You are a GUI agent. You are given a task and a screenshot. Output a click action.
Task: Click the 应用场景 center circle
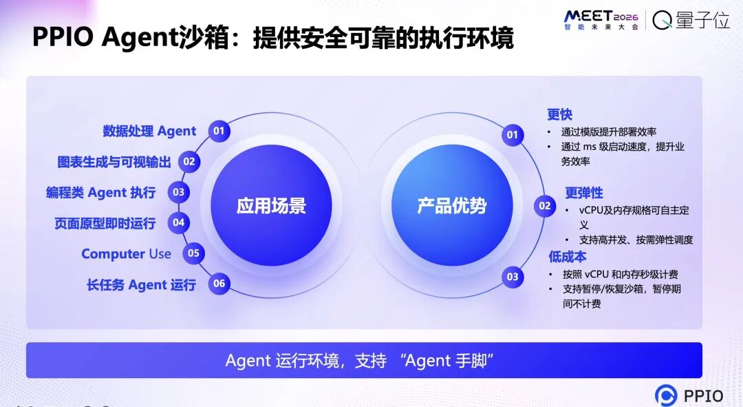tap(271, 205)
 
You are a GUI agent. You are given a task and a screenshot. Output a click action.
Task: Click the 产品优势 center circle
tap(452, 205)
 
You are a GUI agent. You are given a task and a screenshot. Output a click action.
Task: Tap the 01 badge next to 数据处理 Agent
tap(219, 131)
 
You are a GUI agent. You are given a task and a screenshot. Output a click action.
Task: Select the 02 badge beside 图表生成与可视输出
tap(189, 162)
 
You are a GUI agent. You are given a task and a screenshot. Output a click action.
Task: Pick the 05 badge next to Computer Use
tap(193, 253)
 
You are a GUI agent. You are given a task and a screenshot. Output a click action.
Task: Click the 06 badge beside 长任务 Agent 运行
tap(219, 284)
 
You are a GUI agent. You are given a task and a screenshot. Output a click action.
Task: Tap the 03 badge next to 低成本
tap(513, 277)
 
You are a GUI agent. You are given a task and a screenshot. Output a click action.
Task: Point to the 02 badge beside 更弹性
tap(544, 206)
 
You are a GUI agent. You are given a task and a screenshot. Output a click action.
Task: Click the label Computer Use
tap(126, 254)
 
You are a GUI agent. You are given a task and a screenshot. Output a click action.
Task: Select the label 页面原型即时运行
tap(105, 223)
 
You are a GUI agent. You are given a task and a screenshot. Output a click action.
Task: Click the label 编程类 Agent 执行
tap(101, 192)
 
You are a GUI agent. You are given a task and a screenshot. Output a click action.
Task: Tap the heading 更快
tap(559, 114)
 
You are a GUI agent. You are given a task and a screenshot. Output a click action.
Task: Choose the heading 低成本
tap(567, 257)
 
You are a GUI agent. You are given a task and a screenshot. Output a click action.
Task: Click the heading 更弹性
tap(584, 193)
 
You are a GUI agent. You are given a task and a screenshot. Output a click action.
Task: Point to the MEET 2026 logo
tap(601, 20)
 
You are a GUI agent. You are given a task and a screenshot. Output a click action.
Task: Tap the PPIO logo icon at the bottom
tap(666, 395)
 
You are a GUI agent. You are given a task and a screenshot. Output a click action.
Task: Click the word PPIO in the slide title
tap(63, 37)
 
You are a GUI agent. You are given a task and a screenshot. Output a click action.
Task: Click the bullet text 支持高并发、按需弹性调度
tap(636, 240)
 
